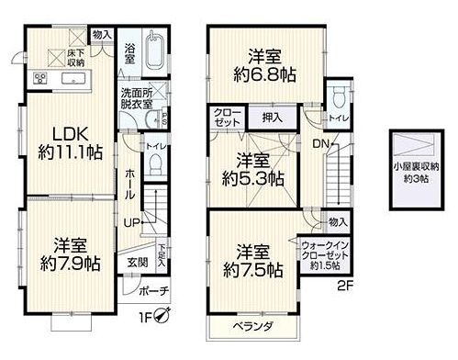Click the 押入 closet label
point(272,118)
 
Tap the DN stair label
point(318,143)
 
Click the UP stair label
point(134,223)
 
